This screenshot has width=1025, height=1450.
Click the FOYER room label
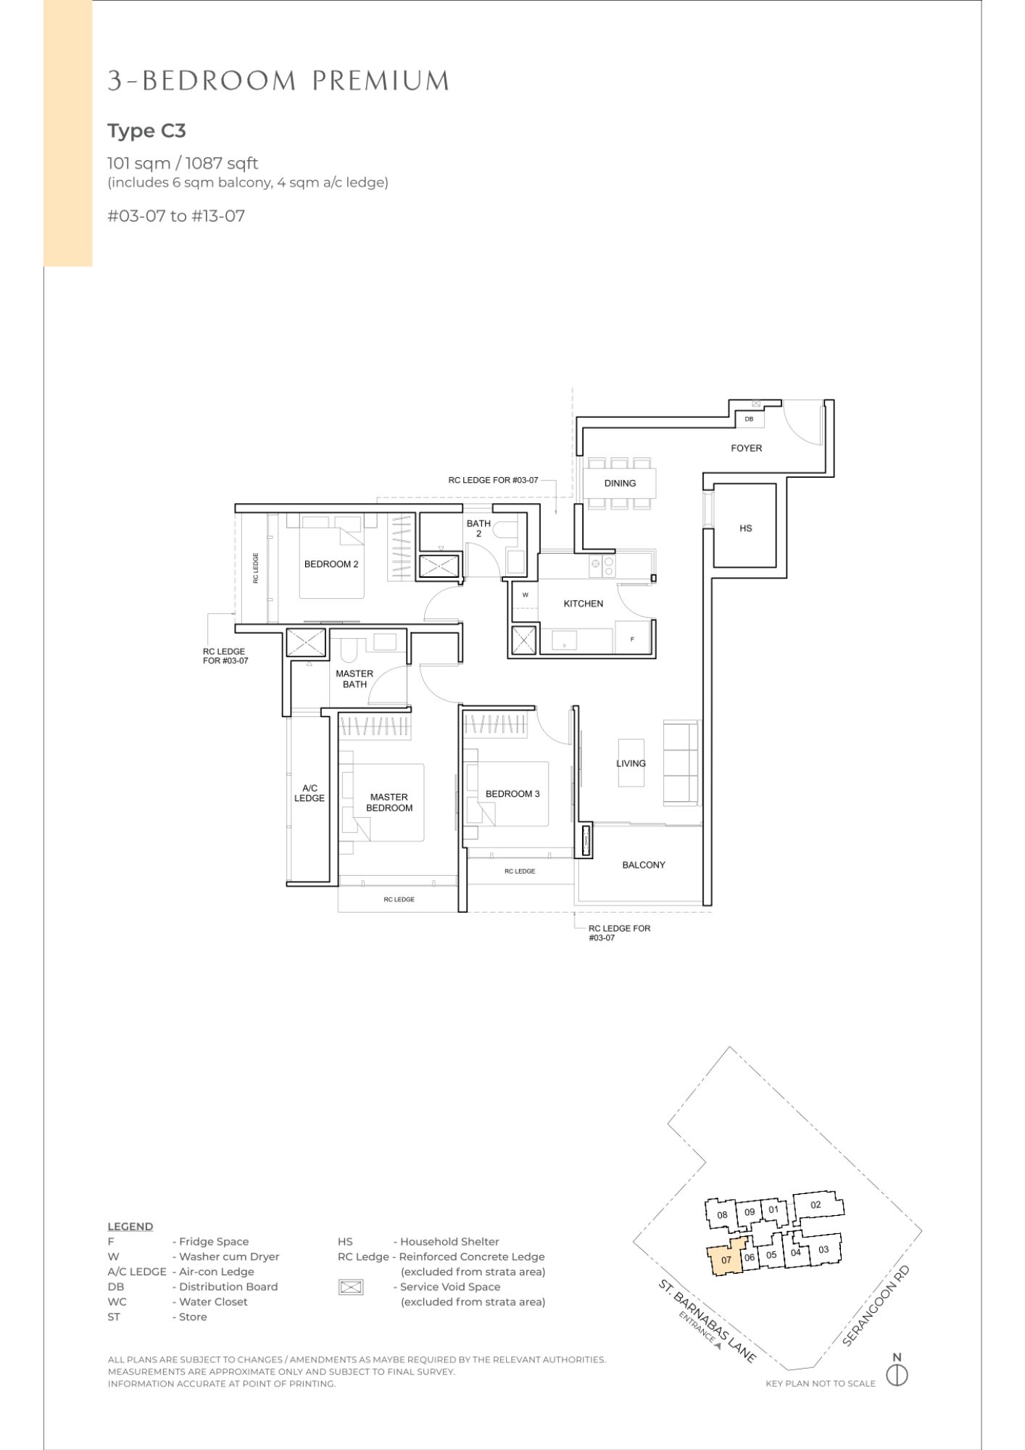pos(746,448)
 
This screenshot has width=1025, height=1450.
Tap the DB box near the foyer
pos(749,419)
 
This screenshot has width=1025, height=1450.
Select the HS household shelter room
pos(745,526)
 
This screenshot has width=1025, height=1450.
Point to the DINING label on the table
pos(620,483)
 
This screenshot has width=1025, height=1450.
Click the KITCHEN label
pos(583,603)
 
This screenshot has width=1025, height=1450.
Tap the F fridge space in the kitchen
pos(633,639)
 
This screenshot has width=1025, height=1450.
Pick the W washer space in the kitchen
pos(525,594)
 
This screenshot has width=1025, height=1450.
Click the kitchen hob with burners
pos(602,565)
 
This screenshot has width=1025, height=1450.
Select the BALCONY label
pos(643,865)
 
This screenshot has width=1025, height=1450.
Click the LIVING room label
pos(631,763)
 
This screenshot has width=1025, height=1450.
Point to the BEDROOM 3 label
pos(512,794)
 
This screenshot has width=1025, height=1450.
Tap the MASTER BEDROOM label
pos(389,802)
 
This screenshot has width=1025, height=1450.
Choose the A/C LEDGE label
pos(310,793)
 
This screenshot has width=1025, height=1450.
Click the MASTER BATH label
pos(354,679)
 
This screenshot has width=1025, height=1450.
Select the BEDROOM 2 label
pos(331,564)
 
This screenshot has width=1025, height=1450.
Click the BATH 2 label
pos(478,529)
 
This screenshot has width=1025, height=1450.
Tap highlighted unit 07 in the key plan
pos(726,1259)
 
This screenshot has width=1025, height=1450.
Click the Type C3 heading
pos(146,131)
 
